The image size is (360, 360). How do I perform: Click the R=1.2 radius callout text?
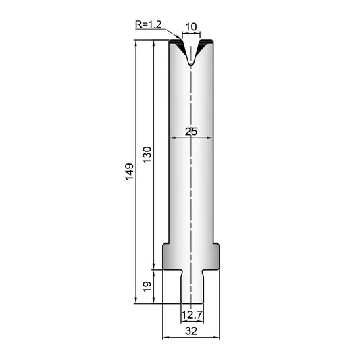pos(149,24)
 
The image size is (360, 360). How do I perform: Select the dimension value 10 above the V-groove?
pos(190,27)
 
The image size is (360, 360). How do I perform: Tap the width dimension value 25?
pos(191,132)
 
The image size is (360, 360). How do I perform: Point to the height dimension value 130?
pos(147,155)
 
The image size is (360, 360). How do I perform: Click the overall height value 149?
pos(130,172)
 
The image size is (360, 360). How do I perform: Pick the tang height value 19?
pos(147,286)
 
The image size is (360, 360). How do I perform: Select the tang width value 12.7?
pos(192,315)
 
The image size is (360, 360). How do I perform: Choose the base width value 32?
pos(191,331)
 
